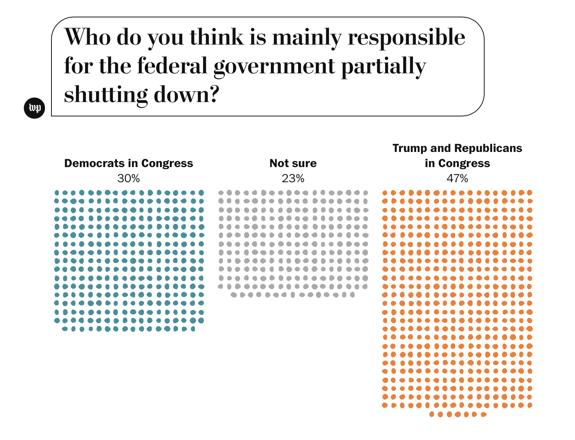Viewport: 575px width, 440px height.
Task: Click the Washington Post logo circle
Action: [34, 108]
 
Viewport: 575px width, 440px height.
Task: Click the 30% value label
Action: [129, 178]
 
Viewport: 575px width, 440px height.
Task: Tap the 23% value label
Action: [293, 178]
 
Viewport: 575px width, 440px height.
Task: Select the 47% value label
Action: [457, 178]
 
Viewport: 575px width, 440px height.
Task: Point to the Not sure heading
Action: [293, 163]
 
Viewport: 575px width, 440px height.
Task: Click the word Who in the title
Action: [88, 37]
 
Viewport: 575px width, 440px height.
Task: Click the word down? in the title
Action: [186, 95]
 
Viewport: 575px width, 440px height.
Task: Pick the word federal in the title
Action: [172, 66]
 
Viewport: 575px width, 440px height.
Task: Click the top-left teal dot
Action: [57, 192]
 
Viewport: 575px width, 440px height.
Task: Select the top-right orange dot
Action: [530, 192]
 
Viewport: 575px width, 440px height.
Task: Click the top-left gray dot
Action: [221, 192]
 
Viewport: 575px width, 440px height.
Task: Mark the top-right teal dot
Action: [201, 192]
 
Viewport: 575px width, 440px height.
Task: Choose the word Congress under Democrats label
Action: [167, 163]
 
